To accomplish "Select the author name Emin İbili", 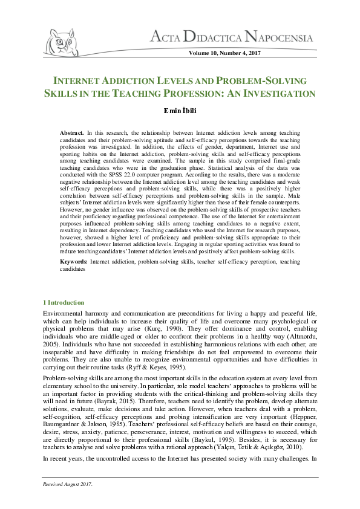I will click(x=179, y=111).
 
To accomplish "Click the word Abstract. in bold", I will click(x=72, y=132).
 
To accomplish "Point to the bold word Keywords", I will click(x=73, y=261).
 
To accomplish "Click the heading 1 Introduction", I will click(x=64, y=302).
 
